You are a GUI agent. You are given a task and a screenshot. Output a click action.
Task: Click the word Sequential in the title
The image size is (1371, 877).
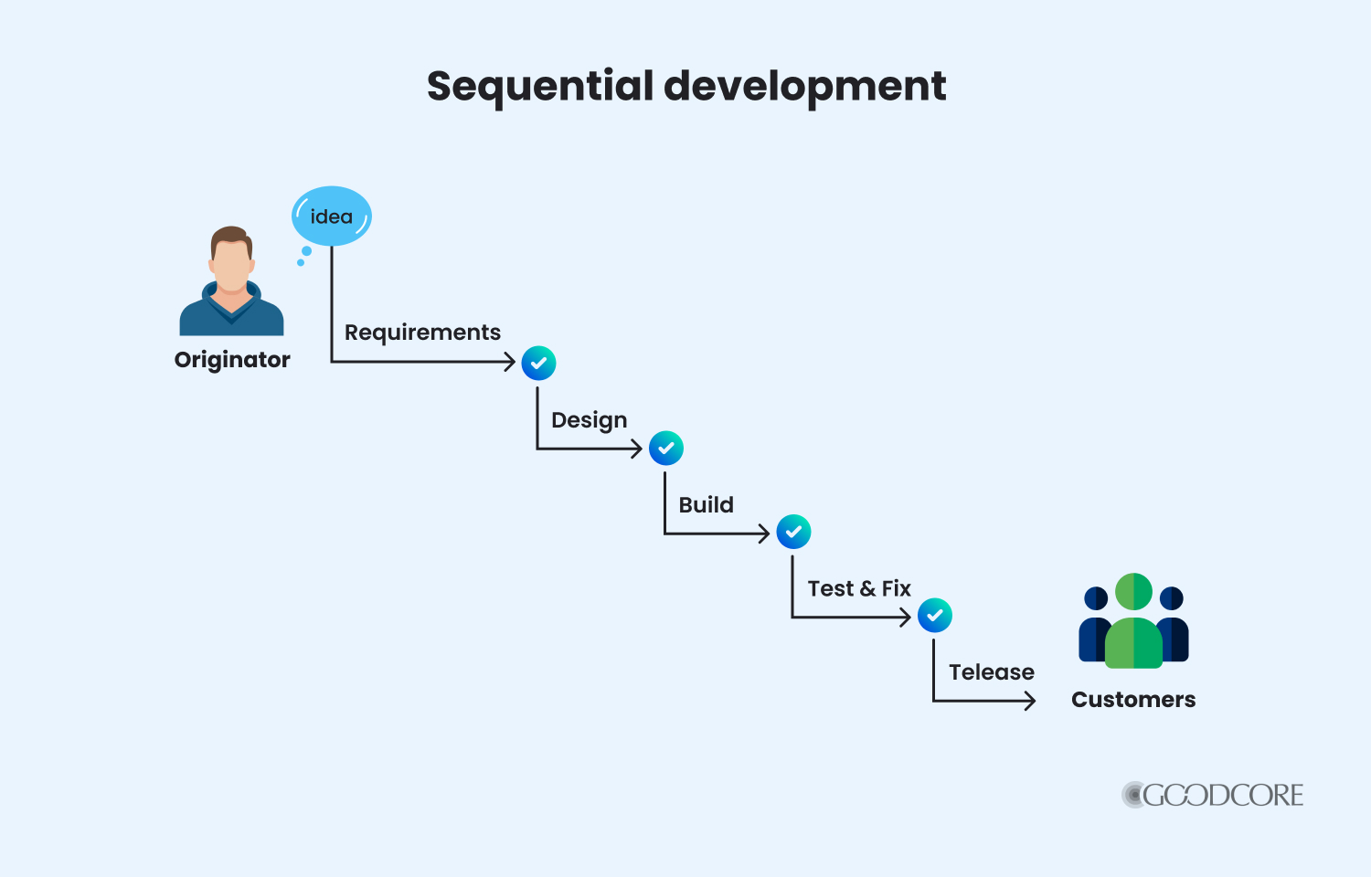tap(540, 86)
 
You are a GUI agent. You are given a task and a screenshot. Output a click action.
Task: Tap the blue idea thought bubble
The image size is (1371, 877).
tap(331, 217)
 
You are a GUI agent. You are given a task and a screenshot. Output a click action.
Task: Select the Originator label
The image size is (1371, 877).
tap(232, 360)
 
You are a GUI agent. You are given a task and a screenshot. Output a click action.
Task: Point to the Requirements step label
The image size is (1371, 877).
tap(422, 333)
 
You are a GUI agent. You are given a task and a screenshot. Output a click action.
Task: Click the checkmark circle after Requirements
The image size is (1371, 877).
tap(538, 363)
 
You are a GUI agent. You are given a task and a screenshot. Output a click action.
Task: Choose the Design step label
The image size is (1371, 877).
tap(589, 420)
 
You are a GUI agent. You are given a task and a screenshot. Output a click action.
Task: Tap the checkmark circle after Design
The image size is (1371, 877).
tap(665, 448)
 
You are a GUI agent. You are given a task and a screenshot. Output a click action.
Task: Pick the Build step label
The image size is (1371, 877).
tap(706, 505)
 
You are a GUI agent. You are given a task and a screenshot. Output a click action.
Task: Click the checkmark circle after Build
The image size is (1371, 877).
tap(793, 532)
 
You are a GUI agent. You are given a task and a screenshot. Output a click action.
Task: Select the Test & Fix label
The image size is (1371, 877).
tap(859, 589)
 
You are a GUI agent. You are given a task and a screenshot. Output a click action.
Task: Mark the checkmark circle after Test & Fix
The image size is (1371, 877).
tap(934, 616)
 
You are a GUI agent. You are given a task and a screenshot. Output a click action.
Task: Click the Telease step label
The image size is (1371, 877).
tap(991, 672)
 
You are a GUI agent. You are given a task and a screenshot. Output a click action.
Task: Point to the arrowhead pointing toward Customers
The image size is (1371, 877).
tap(1030, 701)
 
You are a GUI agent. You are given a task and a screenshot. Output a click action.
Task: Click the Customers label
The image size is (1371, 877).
tap(1133, 700)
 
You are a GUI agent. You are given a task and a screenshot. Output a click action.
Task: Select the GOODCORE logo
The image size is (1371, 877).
tap(1213, 795)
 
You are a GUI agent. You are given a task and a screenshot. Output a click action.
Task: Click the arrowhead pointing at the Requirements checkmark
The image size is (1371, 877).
tap(511, 362)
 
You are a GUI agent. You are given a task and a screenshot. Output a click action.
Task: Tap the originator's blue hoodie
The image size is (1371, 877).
tap(231, 315)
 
